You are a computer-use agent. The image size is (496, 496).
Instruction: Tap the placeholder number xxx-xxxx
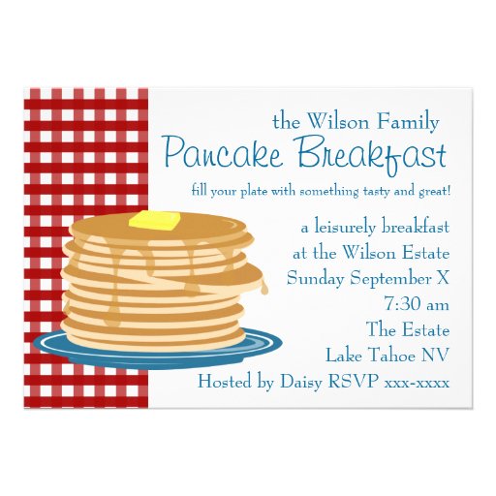pos(417,381)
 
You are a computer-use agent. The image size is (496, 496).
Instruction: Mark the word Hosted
pos(225,381)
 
